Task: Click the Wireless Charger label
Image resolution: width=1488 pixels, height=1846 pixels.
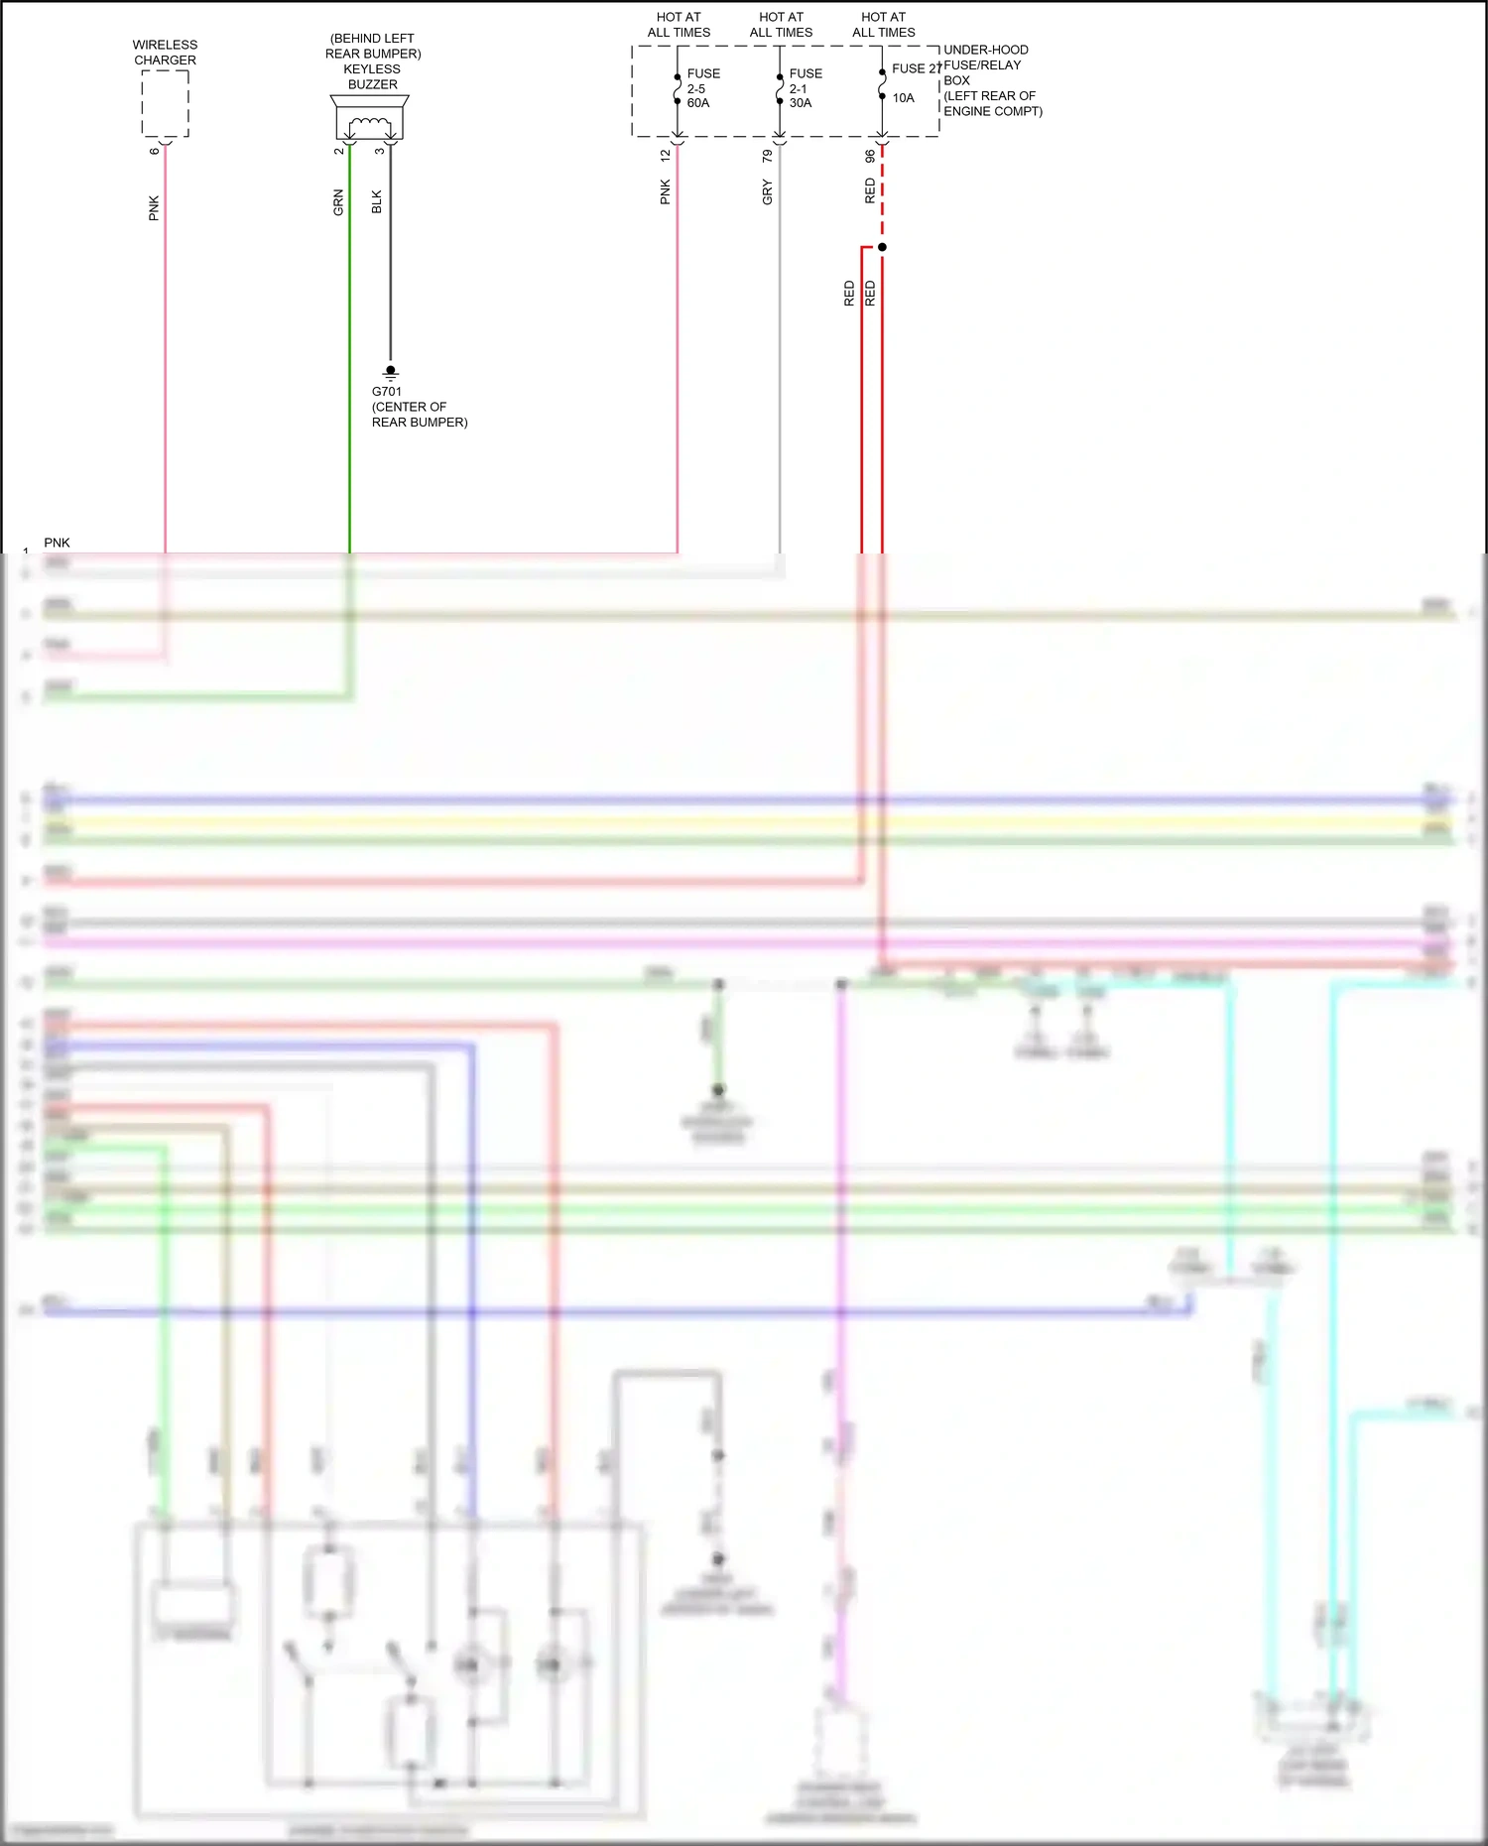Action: point(165,53)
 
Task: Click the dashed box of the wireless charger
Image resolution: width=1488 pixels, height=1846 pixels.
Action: point(165,103)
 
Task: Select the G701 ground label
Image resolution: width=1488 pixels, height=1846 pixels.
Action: point(387,392)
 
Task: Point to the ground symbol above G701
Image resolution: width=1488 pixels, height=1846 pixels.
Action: point(390,373)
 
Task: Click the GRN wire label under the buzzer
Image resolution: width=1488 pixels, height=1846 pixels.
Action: point(338,202)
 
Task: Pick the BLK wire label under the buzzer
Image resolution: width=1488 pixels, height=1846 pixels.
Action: point(377,202)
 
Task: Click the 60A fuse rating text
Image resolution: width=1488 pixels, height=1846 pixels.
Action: point(698,103)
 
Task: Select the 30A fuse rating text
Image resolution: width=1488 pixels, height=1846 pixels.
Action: point(801,103)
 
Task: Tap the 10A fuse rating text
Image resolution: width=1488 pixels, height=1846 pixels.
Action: point(903,98)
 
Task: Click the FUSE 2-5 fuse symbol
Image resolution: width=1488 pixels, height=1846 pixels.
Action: point(678,89)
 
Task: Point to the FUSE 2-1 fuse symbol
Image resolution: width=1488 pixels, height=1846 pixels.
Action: point(780,89)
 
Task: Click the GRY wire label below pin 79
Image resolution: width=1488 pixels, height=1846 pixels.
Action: point(767,192)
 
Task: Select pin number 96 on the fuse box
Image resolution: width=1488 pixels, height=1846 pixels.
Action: point(870,157)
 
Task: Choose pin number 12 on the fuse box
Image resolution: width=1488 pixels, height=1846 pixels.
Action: point(665,157)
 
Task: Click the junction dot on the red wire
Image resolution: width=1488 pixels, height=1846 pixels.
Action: point(882,247)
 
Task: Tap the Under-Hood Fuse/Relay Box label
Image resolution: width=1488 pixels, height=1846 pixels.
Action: point(992,80)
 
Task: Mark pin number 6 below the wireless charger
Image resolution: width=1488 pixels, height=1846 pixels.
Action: point(154,152)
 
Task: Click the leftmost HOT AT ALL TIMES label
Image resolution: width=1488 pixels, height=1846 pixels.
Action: point(679,25)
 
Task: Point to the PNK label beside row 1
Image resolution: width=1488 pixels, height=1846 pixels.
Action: point(57,543)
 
